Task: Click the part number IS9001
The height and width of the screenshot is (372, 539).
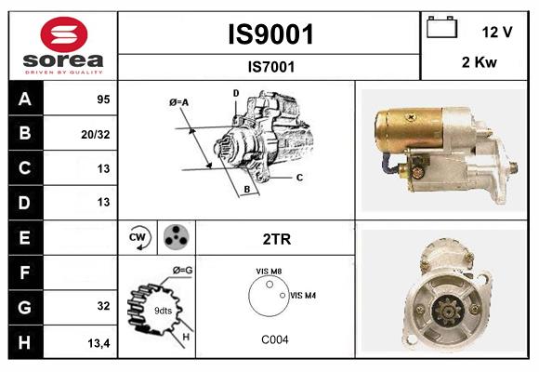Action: (x=270, y=34)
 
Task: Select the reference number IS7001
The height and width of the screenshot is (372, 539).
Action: (x=270, y=66)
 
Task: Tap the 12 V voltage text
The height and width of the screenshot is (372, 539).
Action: (x=497, y=32)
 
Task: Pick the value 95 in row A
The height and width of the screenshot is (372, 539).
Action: (x=102, y=100)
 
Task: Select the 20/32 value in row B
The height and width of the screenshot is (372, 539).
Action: (x=97, y=134)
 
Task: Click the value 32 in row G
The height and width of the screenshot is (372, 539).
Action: (x=102, y=306)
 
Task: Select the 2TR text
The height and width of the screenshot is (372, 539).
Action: (x=277, y=238)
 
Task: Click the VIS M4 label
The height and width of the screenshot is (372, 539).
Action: (x=303, y=295)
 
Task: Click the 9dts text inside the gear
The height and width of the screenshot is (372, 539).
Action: (x=163, y=310)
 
